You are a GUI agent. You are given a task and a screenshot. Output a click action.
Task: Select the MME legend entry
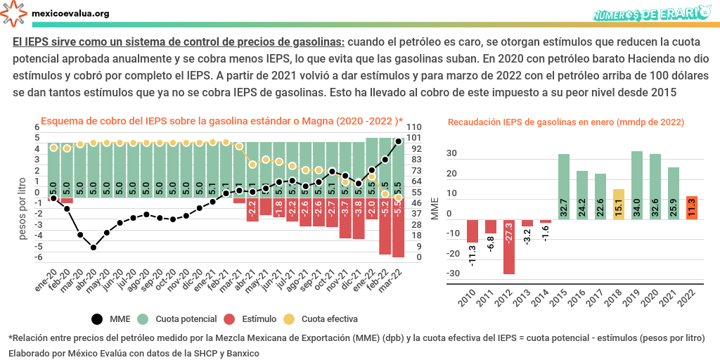[110, 319]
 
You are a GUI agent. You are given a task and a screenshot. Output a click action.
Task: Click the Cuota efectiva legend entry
[317, 319]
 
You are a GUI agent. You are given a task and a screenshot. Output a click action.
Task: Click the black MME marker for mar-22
[399, 141]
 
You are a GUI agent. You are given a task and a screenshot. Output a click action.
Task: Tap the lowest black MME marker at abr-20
[94, 247]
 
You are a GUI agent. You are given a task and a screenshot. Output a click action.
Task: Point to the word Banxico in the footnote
[241, 352]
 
